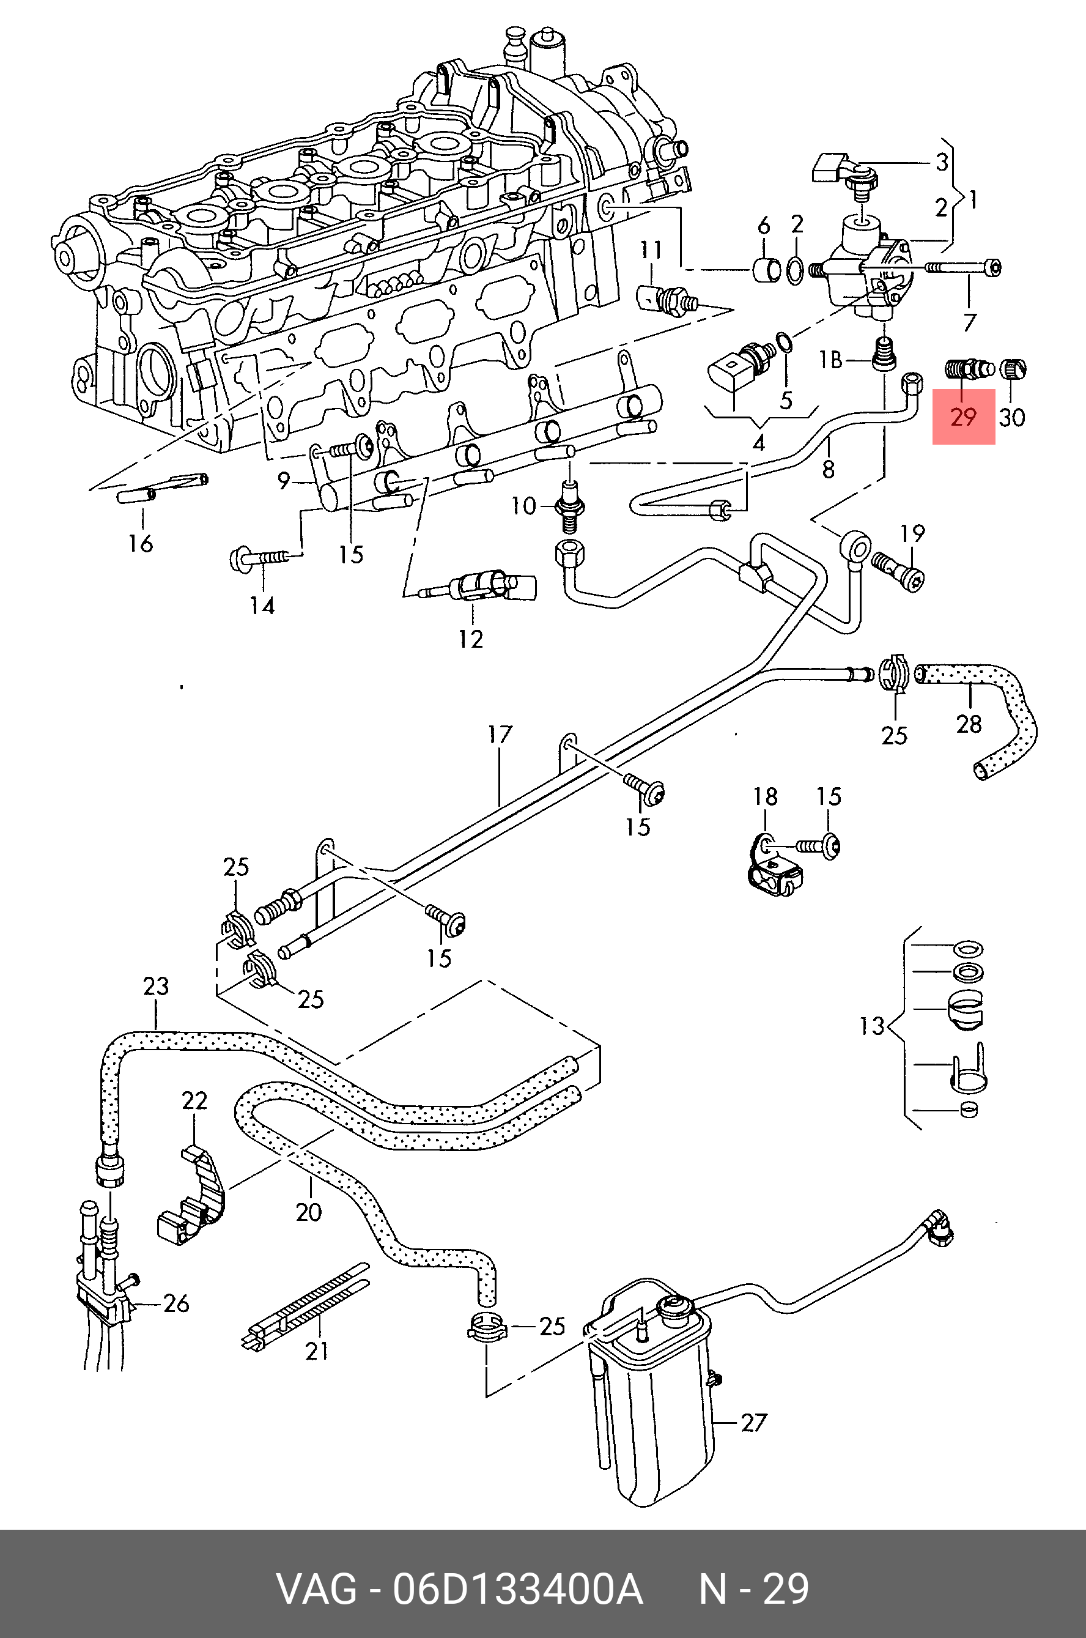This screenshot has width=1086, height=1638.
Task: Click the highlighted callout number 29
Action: pos(962,417)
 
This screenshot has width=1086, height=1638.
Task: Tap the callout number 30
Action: pos(1011,417)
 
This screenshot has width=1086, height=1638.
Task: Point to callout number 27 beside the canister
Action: pos(753,1423)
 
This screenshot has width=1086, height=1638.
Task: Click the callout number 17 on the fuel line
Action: pos(500,735)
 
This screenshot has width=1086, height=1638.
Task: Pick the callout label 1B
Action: pos(830,360)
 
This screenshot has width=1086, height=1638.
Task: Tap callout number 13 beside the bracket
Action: pos(872,1025)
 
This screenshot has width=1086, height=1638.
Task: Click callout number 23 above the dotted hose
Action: pos(156,985)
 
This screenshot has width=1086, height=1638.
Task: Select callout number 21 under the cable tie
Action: pos(317,1350)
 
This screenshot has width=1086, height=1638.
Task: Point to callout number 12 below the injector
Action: pos(470,639)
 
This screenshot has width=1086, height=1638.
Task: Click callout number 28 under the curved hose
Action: pos(968,724)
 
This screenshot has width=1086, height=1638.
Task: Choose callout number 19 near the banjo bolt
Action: pos(912,533)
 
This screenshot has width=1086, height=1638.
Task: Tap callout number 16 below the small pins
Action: pos(140,543)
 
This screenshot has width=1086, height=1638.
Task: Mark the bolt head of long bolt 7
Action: pos(992,267)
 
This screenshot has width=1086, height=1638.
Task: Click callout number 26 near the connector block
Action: pos(176,1303)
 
